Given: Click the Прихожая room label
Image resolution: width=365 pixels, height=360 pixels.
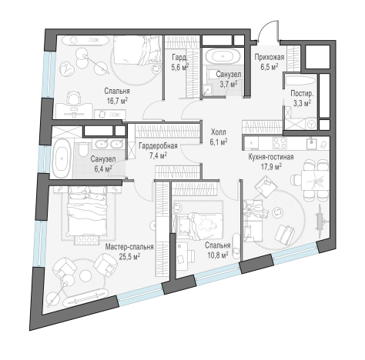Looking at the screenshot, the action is tap(270, 57).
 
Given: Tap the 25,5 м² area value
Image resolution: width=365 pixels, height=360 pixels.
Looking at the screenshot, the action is tap(129, 256).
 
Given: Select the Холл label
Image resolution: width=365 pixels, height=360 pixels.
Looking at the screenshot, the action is tap(219, 132).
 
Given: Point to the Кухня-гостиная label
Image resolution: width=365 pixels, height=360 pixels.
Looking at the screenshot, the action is tap(271, 157).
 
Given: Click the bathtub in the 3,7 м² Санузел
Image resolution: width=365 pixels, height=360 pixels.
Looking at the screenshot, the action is tap(223, 56).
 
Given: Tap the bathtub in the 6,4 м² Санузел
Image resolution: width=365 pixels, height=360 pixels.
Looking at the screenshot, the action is tap(62, 158).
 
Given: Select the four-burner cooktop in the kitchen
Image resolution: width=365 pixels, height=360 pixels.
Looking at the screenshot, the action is tap(280, 143).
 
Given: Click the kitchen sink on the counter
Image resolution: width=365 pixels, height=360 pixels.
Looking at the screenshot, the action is tap(311, 143).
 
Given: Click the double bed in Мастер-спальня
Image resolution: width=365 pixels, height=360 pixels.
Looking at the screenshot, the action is tap(87, 212).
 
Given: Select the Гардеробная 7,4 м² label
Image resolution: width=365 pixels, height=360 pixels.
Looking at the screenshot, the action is tap(158, 150).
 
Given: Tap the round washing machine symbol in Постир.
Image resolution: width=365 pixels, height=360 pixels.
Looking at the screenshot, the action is tap(312, 124).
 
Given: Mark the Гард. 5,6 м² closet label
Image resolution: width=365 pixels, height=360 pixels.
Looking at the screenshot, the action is tap(179, 62).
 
